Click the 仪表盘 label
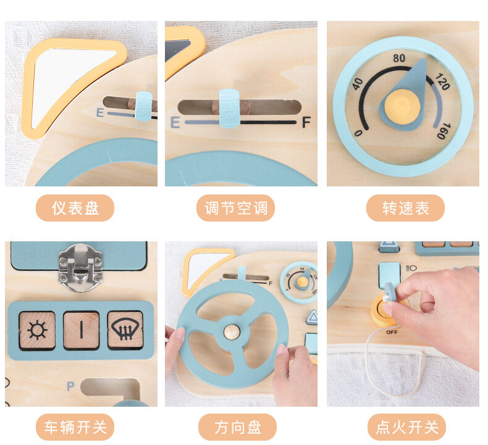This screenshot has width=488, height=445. click(75, 208)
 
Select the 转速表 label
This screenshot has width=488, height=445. click(405, 208)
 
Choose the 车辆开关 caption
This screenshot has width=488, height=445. click(75, 427)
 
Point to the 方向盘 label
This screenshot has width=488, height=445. click(237, 427)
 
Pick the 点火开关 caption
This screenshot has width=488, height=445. click(406, 427)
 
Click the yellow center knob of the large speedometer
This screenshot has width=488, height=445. click(402, 104)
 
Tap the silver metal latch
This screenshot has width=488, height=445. click(80, 266)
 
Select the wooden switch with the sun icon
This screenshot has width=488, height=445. click(37, 330)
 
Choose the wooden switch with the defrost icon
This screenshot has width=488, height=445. click(125, 330)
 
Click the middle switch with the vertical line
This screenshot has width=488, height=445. click(81, 330)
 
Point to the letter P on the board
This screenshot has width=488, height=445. click(70, 386)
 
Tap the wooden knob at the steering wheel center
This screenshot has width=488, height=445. click(232, 331)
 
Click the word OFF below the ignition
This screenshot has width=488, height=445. click(392, 332)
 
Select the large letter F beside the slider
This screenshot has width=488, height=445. click(306, 122)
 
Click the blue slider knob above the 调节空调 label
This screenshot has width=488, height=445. click(229, 108)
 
